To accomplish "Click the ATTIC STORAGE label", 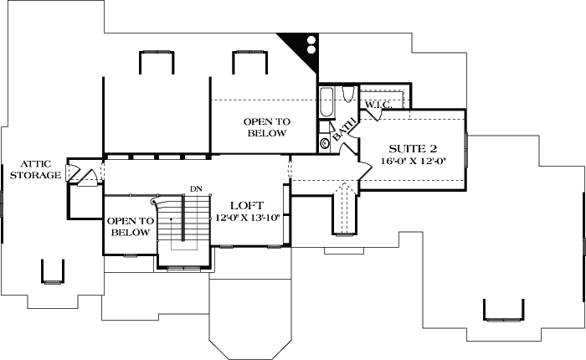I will pyautogui.click(x=39, y=169).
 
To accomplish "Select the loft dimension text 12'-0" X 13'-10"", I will pyautogui.click(x=248, y=218).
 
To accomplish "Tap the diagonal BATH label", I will pyautogui.click(x=343, y=130).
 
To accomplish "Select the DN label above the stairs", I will pyautogui.click(x=197, y=188).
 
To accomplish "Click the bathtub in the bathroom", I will pyautogui.click(x=326, y=102).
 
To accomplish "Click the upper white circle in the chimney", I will pyautogui.click(x=311, y=39).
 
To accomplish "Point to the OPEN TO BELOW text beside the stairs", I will pyautogui.click(x=130, y=226).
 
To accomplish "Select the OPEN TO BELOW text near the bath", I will pyautogui.click(x=265, y=127).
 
